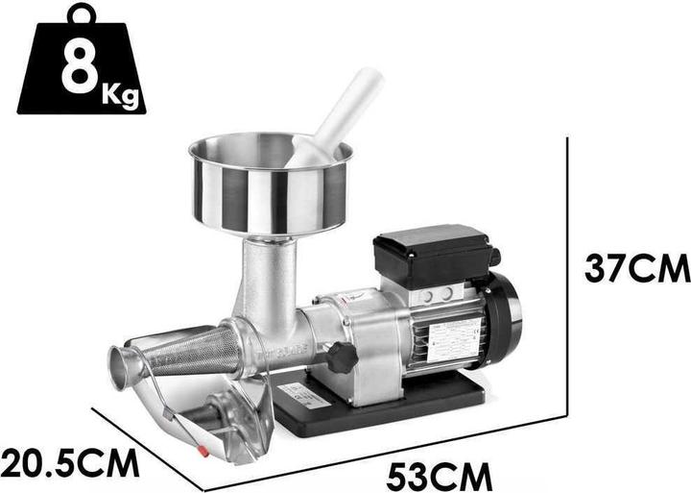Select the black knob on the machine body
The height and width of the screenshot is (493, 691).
pos(341,357)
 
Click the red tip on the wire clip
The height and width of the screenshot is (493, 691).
pos(202,449)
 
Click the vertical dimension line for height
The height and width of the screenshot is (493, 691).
pos(568,279)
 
